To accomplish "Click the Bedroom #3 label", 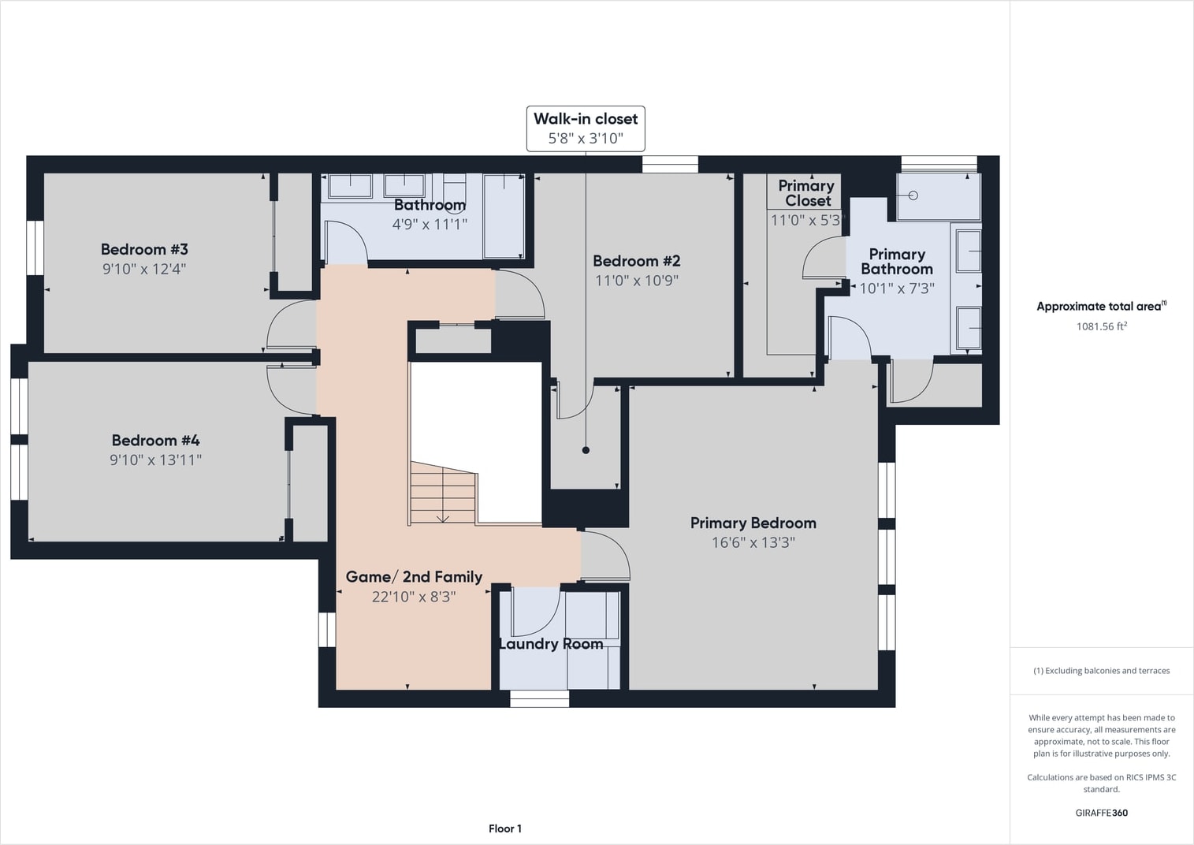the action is pyautogui.click(x=144, y=250).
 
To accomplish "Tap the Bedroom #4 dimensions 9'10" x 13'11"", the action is pyautogui.click(x=155, y=460).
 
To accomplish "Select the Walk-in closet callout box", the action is pyautogui.click(x=586, y=128).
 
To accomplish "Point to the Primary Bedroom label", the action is pyautogui.click(x=753, y=523).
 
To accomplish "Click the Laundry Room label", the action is pyautogui.click(x=551, y=644).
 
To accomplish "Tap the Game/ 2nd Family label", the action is pyautogui.click(x=414, y=577).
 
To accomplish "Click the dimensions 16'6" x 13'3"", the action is pyautogui.click(x=753, y=543).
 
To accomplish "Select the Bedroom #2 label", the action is pyautogui.click(x=637, y=261).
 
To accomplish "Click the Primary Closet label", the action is pyautogui.click(x=806, y=193).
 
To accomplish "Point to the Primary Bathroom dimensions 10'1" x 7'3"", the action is pyautogui.click(x=897, y=288).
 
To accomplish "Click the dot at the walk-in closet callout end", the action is pyautogui.click(x=586, y=451).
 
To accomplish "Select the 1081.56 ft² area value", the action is pyautogui.click(x=1101, y=326).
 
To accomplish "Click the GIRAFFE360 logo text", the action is pyautogui.click(x=1101, y=813).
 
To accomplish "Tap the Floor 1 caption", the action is pyautogui.click(x=504, y=828).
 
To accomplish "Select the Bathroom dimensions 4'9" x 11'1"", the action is pyautogui.click(x=430, y=225).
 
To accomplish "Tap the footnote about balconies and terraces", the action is pyautogui.click(x=1101, y=671).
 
